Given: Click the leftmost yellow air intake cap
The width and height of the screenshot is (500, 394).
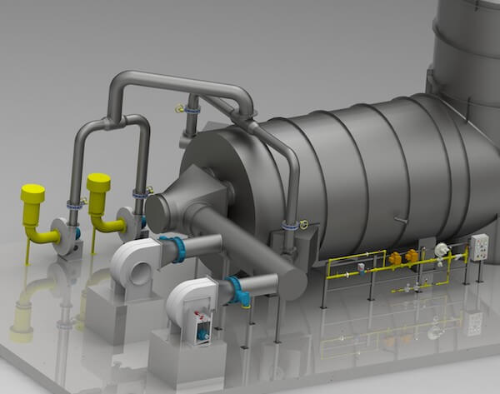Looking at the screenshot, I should click(x=32, y=193).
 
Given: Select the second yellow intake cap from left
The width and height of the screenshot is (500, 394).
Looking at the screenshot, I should click(x=98, y=183).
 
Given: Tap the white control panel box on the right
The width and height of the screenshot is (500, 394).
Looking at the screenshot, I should click(x=479, y=247).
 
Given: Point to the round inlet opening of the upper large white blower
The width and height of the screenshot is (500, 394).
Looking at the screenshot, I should click(x=135, y=268).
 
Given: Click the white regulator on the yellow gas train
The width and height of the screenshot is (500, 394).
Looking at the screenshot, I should click(x=441, y=249).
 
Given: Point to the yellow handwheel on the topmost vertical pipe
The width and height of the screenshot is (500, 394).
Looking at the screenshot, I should click(x=179, y=108).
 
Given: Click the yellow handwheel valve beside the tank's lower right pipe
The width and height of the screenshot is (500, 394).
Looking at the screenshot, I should click(x=305, y=224).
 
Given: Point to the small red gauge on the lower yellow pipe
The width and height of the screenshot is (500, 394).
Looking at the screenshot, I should click(x=406, y=287).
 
